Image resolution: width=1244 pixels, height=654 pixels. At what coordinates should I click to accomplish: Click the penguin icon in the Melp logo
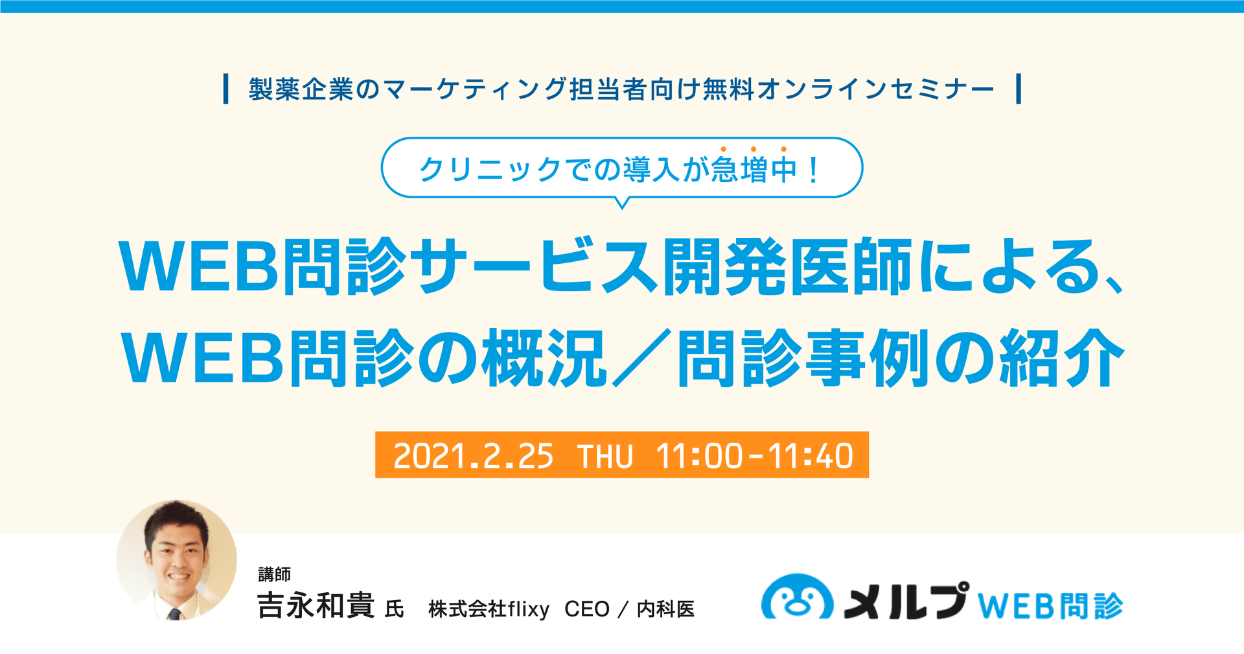[x=797, y=598]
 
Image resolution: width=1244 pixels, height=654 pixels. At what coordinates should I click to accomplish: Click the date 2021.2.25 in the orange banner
[x=473, y=456]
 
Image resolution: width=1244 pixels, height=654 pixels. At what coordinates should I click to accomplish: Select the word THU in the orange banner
[x=605, y=456]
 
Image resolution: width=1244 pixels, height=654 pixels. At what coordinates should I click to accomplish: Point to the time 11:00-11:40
[x=754, y=456]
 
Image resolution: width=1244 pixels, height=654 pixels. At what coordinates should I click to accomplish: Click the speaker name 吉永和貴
[x=316, y=607]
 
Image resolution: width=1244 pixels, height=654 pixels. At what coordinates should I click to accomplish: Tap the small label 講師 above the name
[x=274, y=574]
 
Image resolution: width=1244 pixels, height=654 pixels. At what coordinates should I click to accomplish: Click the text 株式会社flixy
[x=489, y=609]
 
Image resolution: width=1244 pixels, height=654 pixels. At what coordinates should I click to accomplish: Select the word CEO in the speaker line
[x=587, y=609]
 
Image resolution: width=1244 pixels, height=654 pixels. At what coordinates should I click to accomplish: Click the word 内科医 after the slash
[x=665, y=609]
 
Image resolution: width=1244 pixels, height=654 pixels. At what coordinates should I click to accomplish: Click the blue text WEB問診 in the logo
[x=1050, y=606]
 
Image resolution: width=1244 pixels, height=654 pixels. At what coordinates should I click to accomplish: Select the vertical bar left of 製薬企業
[x=225, y=89]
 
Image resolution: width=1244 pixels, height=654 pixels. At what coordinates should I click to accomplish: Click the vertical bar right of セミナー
[x=1019, y=89]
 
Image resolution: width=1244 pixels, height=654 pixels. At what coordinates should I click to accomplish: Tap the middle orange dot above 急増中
[x=753, y=150]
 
